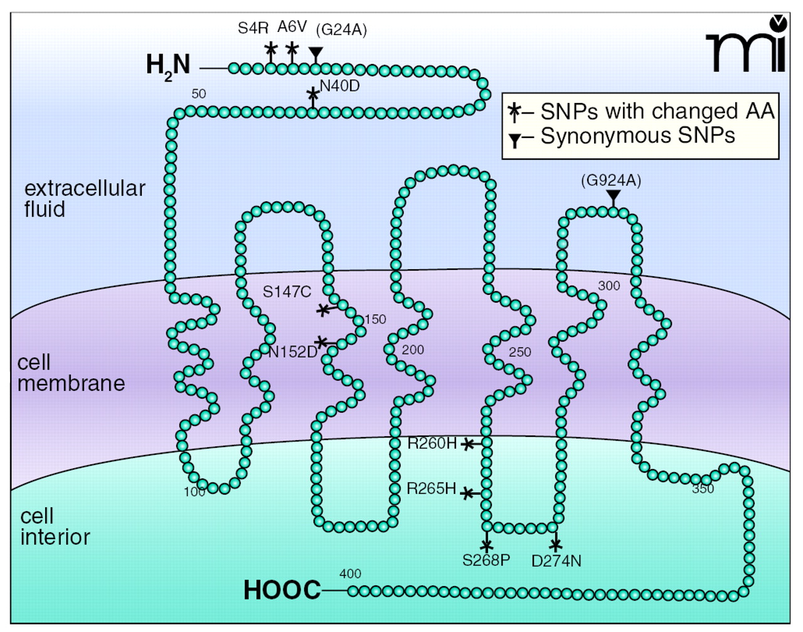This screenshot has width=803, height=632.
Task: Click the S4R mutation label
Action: [x=253, y=28]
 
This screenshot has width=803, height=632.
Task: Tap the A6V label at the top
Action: [x=292, y=27]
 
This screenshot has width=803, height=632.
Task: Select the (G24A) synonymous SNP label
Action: [x=341, y=29]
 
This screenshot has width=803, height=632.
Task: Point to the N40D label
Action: [x=340, y=86]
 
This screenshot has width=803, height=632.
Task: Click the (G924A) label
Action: [x=611, y=181]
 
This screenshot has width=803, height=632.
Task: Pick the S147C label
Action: [x=287, y=292]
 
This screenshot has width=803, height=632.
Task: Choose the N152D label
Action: [x=292, y=352]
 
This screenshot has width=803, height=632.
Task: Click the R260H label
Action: [x=432, y=444]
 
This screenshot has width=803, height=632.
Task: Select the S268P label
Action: [x=486, y=560]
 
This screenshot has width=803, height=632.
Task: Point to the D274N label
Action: [x=556, y=561]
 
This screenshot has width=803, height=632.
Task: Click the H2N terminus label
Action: [x=168, y=65]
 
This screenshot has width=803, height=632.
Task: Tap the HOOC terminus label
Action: [x=282, y=591]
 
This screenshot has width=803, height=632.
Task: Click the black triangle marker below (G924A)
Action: [x=613, y=196]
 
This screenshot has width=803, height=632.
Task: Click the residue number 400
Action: [x=350, y=574]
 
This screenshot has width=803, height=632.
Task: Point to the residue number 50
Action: [x=198, y=94]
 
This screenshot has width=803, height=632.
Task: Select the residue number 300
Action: [x=609, y=286]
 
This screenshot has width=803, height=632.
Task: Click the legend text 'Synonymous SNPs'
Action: [x=637, y=136]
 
